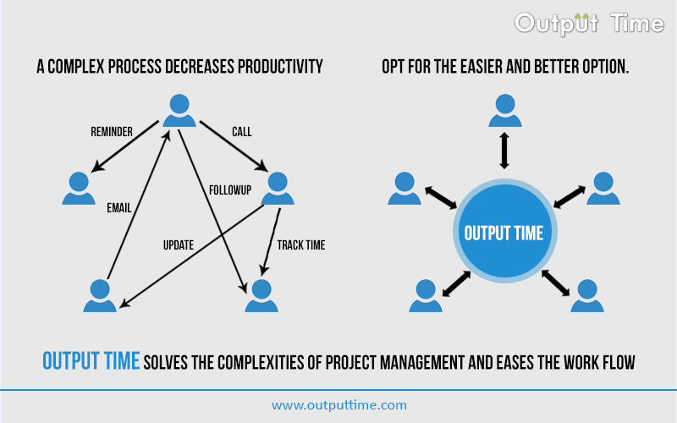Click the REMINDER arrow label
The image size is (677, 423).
[x=112, y=132]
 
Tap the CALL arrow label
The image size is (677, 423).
[x=242, y=132]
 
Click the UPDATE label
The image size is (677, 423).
[x=179, y=245]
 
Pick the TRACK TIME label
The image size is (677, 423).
[x=301, y=245]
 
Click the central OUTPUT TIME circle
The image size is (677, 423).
[x=504, y=233]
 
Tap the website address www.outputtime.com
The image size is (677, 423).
[x=338, y=405]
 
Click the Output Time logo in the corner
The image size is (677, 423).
[x=590, y=23]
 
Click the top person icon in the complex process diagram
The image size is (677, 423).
[x=179, y=111]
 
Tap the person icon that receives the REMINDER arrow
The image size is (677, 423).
[x=79, y=189]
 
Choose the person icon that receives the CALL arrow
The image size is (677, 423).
[x=278, y=189]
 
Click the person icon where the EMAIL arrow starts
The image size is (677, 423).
[x=101, y=296]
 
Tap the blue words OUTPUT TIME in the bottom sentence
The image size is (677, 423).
[x=91, y=361]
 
